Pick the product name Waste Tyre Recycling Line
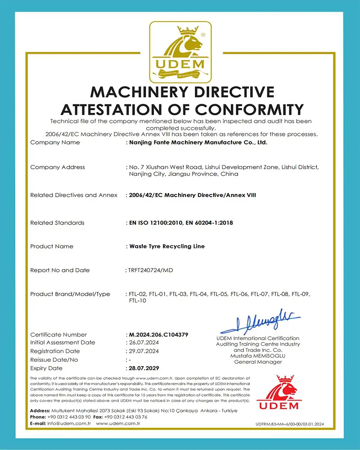tap(167, 247)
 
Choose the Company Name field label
tap(55, 143)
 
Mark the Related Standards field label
tap(57, 223)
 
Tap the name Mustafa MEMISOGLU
tap(258, 356)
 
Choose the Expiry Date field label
tap(46, 368)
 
